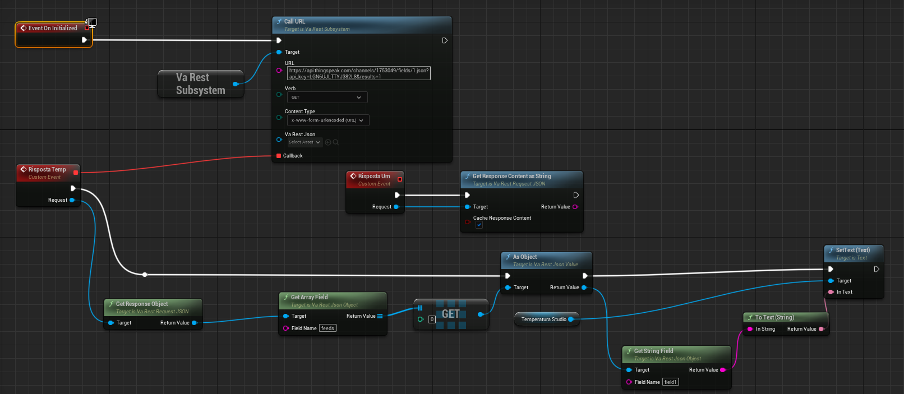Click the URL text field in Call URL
click(x=358, y=73)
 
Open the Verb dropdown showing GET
click(x=327, y=98)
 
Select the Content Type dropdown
click(x=328, y=120)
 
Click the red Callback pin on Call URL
click(x=279, y=156)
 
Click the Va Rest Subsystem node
click(x=200, y=84)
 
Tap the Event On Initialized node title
click(x=53, y=28)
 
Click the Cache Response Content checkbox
click(x=479, y=225)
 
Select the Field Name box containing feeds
click(x=328, y=328)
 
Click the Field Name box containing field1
click(x=670, y=382)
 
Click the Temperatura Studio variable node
click(x=543, y=319)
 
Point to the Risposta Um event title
click(x=374, y=176)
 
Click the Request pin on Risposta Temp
click(x=72, y=200)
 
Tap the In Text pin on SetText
click(x=831, y=292)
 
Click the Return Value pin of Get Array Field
click(x=380, y=316)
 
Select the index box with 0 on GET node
click(x=432, y=319)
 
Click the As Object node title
click(x=525, y=257)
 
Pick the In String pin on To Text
click(x=750, y=329)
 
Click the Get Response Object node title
click(x=142, y=304)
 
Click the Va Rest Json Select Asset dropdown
click(x=305, y=142)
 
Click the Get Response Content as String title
click(x=511, y=176)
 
